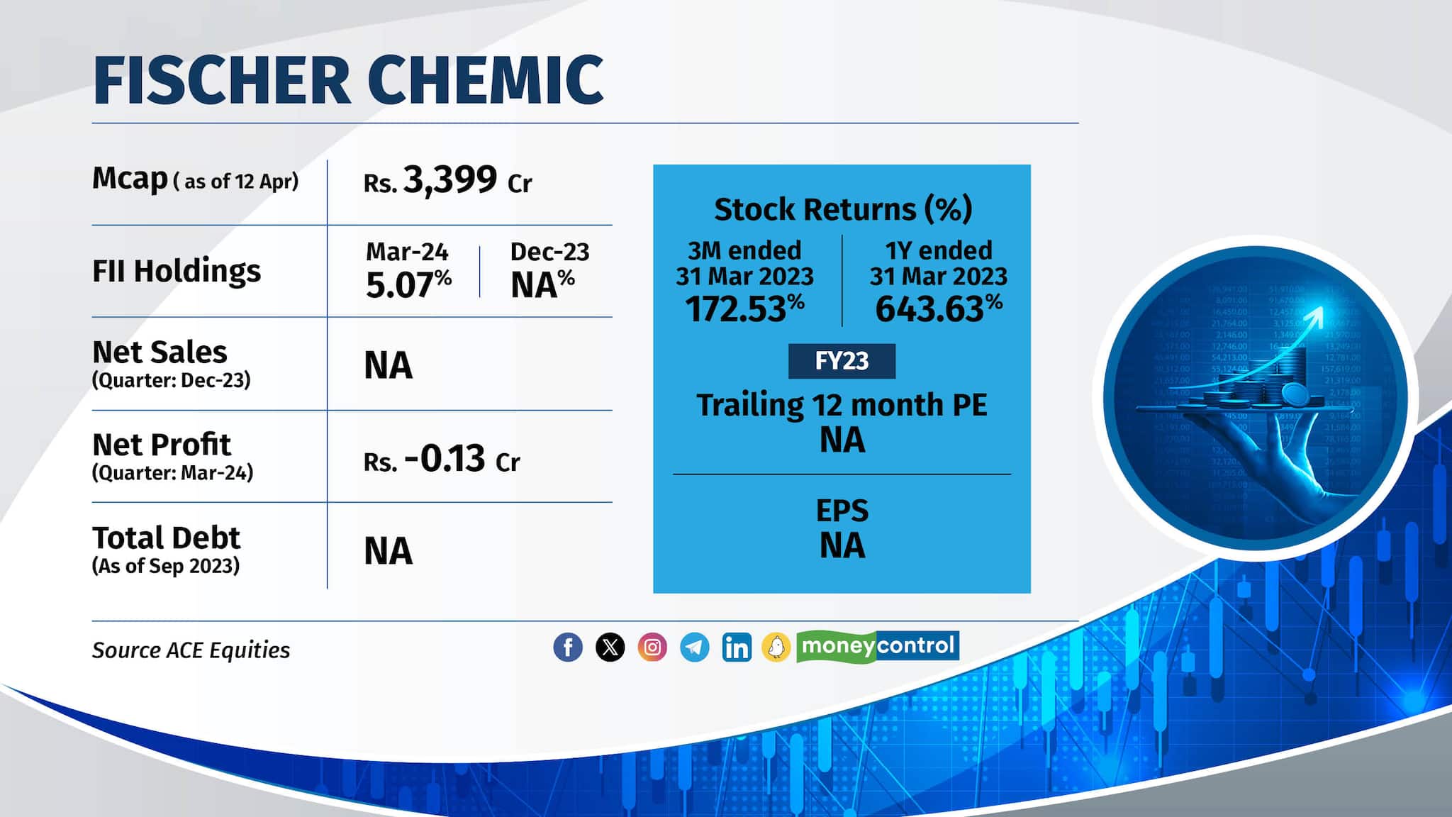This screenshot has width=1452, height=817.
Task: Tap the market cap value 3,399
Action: point(449,180)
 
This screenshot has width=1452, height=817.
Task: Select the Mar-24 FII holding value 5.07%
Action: point(408,285)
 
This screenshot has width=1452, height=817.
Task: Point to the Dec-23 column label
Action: point(549,252)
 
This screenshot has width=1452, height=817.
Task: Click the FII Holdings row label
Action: point(177,271)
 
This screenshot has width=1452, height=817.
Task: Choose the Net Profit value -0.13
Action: point(445,459)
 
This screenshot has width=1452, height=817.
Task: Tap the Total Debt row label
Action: point(166,538)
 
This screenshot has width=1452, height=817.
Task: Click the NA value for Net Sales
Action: point(388,366)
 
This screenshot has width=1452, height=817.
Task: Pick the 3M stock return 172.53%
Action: point(744,309)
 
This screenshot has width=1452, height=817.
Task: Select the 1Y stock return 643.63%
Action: point(938,309)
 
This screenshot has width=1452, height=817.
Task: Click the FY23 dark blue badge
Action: point(842,361)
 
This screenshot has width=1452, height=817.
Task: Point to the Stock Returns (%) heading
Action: point(842,209)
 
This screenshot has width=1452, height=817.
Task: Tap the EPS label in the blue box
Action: point(842,511)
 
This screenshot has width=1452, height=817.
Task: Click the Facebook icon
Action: point(568,647)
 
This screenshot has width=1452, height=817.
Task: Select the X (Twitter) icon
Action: point(610,647)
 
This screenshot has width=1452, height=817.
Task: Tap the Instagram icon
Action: point(652,647)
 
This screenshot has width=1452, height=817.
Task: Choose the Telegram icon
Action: point(695,647)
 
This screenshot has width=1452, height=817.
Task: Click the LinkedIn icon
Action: point(737,647)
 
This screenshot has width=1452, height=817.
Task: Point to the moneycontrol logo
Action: point(878,646)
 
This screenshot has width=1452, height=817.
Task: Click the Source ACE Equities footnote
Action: point(191,650)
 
